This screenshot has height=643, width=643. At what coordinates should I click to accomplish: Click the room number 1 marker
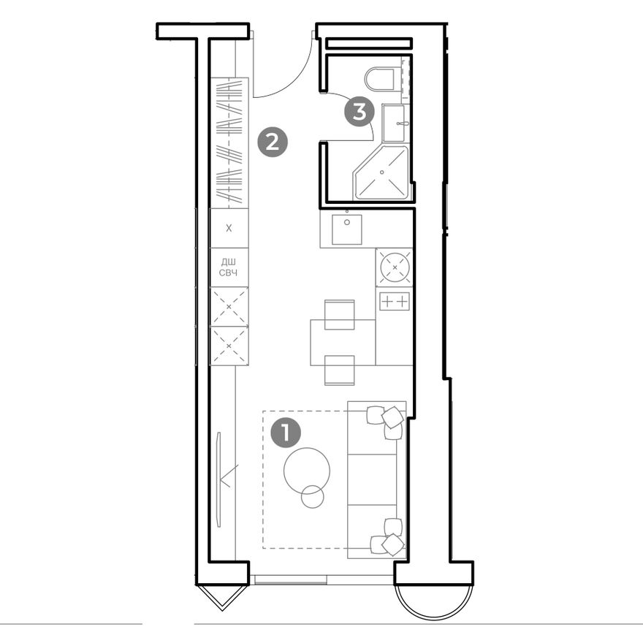[x=286, y=433]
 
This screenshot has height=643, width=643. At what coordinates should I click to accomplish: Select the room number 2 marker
[x=273, y=142]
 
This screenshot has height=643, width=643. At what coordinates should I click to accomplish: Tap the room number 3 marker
[x=359, y=111]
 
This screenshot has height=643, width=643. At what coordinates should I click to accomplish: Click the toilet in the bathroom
[x=380, y=79]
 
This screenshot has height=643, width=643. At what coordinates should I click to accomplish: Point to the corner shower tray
[x=381, y=172]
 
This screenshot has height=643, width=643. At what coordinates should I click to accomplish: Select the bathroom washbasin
[x=394, y=123]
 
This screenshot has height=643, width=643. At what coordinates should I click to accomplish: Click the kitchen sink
[x=347, y=229]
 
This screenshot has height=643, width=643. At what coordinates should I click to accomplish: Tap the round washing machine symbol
[x=395, y=267]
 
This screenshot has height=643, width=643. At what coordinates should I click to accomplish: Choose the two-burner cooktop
[x=395, y=301]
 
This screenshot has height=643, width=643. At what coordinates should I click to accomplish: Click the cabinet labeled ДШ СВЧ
[x=229, y=267]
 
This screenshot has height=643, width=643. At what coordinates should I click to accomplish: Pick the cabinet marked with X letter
[x=229, y=228]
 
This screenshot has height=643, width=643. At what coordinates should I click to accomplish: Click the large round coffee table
[x=307, y=471]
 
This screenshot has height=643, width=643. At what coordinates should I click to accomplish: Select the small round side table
[x=313, y=497]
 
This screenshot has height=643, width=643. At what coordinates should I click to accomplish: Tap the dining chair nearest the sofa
[x=339, y=370]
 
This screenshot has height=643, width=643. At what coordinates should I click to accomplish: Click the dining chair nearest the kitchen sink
[x=339, y=314]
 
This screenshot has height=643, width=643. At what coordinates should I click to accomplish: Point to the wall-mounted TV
[x=219, y=479]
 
